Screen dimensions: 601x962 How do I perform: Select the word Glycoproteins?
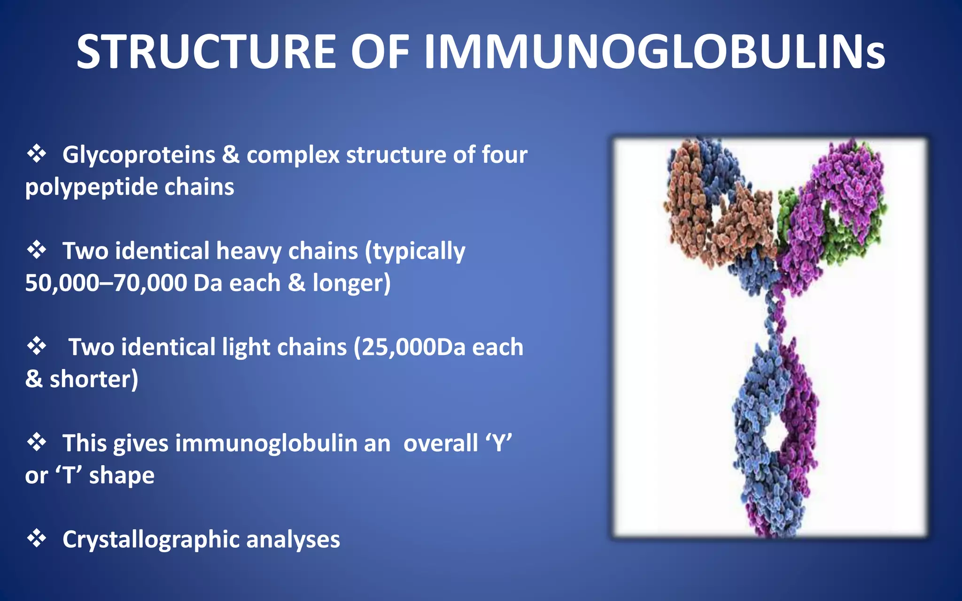click(139, 155)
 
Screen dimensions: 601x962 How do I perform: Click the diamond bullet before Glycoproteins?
click(36, 154)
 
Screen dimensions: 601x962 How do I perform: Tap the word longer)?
click(351, 283)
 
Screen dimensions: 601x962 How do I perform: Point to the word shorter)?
click(93, 379)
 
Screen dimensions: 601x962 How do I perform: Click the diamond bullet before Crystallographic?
click(36, 538)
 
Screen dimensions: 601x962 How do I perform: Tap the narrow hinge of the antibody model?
click(775, 315)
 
